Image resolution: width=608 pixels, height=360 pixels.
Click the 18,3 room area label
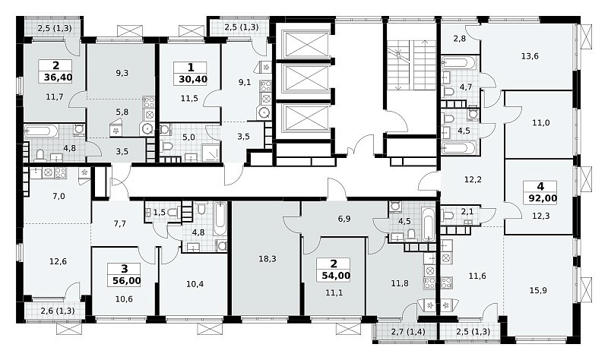point(268,258)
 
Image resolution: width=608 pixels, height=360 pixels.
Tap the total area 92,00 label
point(543,199)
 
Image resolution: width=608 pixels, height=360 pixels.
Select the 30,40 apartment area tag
point(193,80)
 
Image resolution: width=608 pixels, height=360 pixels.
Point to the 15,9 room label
point(538,290)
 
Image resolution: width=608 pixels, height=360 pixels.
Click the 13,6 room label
point(530,56)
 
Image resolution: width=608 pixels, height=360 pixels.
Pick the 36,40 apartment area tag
point(59,77)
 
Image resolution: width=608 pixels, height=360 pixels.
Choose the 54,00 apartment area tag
point(336,276)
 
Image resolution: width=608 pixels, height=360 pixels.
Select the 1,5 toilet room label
point(160,213)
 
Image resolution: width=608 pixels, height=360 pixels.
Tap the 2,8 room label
point(460,39)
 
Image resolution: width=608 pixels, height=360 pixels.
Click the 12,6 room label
point(59,261)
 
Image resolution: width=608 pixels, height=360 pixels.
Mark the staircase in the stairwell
point(411,65)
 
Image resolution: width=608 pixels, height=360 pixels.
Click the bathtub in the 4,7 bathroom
point(458,63)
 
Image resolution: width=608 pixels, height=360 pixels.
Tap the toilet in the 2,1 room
point(448,215)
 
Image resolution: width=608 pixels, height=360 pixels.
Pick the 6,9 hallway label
point(344,219)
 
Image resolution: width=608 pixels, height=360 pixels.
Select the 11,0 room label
point(541,123)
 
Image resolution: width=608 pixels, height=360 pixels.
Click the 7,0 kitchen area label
point(59,197)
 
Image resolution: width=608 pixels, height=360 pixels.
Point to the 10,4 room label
point(195,284)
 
